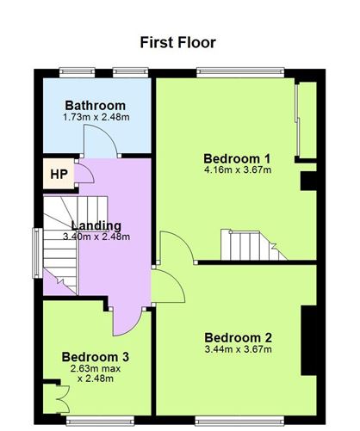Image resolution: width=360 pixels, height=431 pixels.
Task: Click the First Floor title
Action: click(x=178, y=43)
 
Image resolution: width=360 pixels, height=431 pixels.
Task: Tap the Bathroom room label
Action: click(x=96, y=106)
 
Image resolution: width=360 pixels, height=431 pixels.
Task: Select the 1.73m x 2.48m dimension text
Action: click(x=96, y=117)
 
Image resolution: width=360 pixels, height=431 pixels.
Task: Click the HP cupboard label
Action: click(x=59, y=174)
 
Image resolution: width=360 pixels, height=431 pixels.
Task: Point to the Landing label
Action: click(x=96, y=225)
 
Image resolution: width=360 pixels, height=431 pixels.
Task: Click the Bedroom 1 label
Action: click(x=237, y=158)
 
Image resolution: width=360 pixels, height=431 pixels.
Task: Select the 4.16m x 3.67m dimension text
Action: click(x=238, y=169)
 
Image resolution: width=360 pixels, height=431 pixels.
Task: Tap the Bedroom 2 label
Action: click(x=238, y=338)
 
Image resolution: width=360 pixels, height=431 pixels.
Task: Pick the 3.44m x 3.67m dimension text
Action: click(x=239, y=349)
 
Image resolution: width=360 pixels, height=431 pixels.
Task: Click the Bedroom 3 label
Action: click(x=96, y=357)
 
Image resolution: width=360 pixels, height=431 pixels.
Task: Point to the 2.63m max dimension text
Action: click(x=96, y=368)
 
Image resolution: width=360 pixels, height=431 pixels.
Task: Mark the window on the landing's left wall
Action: click(x=37, y=253)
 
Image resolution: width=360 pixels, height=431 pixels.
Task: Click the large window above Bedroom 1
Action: click(x=240, y=72)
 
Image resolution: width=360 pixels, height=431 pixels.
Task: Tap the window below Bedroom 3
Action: click(x=100, y=421)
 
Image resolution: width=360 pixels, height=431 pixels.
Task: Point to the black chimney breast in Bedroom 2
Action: click(x=308, y=341)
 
